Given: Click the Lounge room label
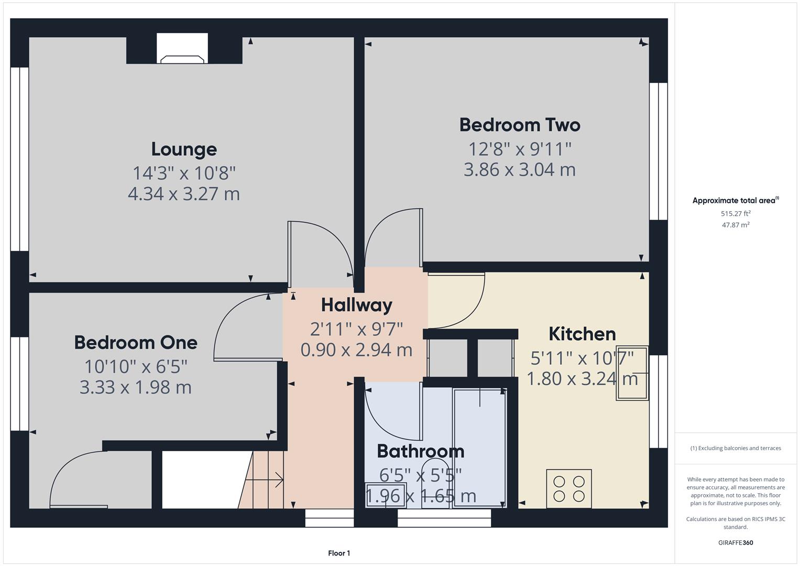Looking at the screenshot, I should [x=184, y=149].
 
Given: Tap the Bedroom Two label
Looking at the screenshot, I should [x=520, y=125].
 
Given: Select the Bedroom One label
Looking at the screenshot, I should [x=136, y=343].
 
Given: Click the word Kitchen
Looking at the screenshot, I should [x=582, y=334].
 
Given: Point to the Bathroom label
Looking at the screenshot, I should [x=420, y=451].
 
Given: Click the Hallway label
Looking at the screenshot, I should [x=356, y=305].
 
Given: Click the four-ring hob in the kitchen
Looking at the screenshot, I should [x=569, y=488].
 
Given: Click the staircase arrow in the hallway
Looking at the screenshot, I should [x=267, y=479].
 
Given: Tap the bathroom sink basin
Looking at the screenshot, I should [x=385, y=495].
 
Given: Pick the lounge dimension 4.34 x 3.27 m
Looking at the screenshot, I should [x=184, y=194].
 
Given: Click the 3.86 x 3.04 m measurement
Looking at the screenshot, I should [x=520, y=170].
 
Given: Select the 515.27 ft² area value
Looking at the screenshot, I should [x=736, y=214].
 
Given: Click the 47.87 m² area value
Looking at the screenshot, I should [x=736, y=225].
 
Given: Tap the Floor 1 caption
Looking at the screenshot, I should [x=339, y=553].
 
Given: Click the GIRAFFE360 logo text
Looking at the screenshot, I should [x=736, y=542].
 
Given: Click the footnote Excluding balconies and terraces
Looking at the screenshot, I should [x=736, y=448].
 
